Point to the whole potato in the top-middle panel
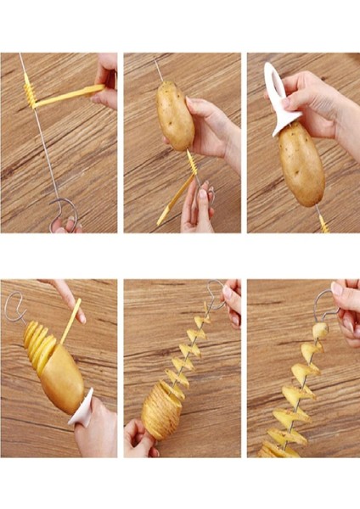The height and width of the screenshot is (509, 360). click(x=176, y=115)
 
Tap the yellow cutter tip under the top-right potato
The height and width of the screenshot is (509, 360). click(x=323, y=222)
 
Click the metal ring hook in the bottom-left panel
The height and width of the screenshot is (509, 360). click(x=14, y=305)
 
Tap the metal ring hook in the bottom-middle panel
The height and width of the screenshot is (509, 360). click(x=217, y=293)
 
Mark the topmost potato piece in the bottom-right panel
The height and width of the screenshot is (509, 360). click(x=319, y=330)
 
